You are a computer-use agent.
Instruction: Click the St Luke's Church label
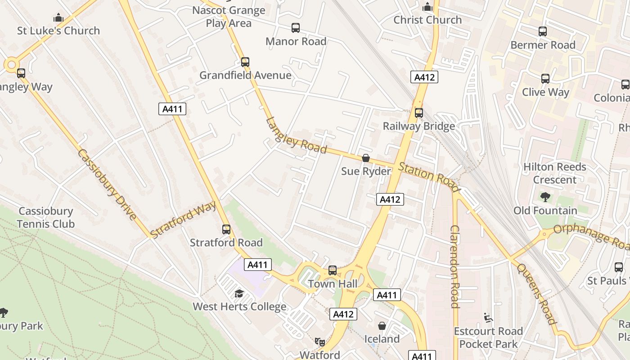coord(58,31)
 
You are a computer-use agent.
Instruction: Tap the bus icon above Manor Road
coord(296,28)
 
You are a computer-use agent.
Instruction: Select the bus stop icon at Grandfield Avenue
coord(245,62)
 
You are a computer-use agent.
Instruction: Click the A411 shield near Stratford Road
coord(258,265)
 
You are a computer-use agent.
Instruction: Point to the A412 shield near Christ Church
coord(424,77)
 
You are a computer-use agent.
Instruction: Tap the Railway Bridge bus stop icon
coord(419,113)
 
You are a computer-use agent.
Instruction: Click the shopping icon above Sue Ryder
coord(366,158)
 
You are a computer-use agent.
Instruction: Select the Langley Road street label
coord(296,135)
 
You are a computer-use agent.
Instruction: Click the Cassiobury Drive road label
coord(107,184)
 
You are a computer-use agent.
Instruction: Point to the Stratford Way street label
coord(183,220)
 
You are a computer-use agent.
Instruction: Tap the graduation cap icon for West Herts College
coord(239,294)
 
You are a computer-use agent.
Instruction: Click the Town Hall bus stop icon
coord(333,270)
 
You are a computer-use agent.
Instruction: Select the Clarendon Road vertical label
coord(454,266)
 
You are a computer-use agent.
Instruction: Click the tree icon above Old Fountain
coord(545,197)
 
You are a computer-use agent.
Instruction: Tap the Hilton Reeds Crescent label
coord(554,173)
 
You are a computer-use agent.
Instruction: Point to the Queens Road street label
coord(535,293)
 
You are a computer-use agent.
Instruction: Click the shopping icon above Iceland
coord(382,326)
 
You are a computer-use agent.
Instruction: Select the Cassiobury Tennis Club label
coord(45,217)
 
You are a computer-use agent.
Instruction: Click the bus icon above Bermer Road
coord(543,31)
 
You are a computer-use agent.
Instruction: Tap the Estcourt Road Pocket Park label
coord(488,337)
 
